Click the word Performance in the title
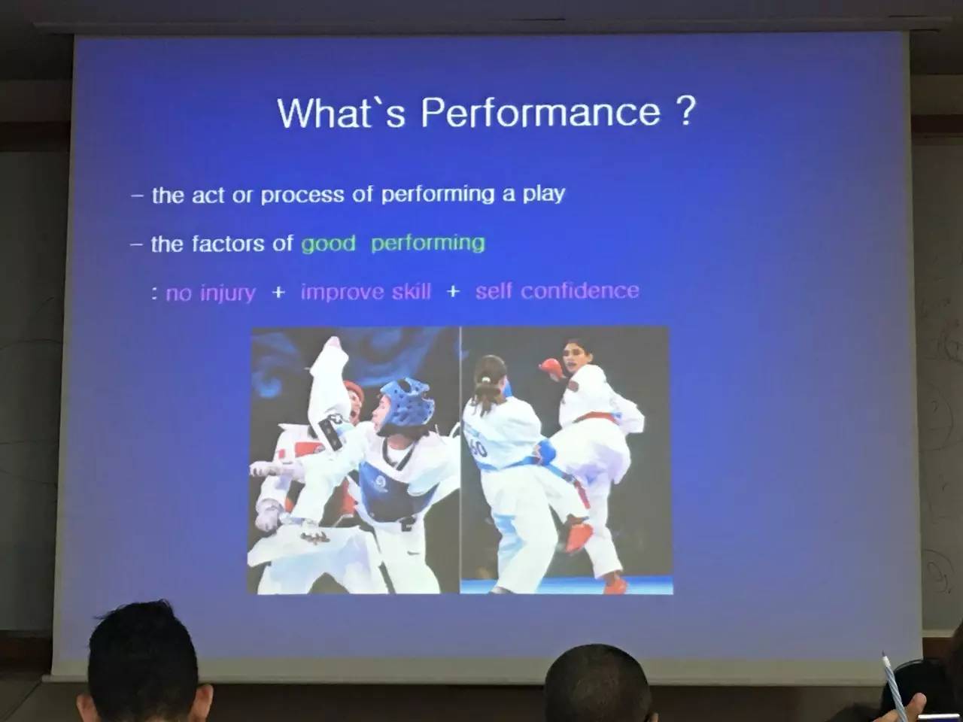[540, 113]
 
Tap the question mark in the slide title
[684, 111]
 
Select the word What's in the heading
[342, 113]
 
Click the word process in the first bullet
[302, 195]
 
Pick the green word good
[328, 243]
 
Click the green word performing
[428, 243]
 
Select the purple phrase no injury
[211, 293]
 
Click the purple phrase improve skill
[366, 292]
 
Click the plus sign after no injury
[278, 292]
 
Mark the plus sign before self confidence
[453, 291]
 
